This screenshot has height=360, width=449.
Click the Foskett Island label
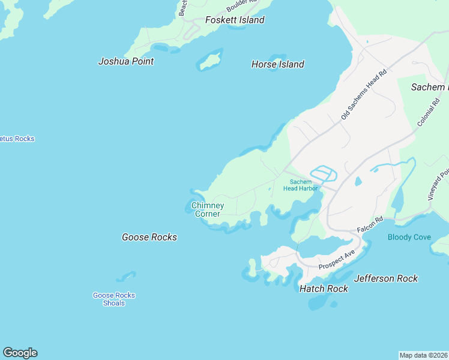click(x=235, y=20)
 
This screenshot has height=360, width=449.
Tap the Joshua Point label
click(x=126, y=61)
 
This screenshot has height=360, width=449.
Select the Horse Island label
click(x=277, y=64)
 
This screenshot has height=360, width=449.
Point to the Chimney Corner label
click(x=208, y=209)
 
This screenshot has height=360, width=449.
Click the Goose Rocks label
click(x=149, y=237)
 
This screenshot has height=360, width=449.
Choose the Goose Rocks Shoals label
click(x=114, y=299)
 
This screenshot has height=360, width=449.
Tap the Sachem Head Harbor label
click(x=300, y=185)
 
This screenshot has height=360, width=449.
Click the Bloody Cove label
click(x=409, y=237)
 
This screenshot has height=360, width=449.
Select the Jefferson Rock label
click(x=386, y=278)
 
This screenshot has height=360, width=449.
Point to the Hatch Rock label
click(x=324, y=289)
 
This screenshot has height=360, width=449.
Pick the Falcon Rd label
click(x=369, y=226)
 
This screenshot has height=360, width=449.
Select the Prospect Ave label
click(x=337, y=259)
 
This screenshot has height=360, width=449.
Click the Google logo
click(x=20, y=353)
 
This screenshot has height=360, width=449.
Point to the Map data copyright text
click(x=424, y=355)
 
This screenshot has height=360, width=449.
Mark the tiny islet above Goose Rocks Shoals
click(x=126, y=277)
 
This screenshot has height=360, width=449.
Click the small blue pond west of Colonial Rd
click(x=358, y=181)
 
